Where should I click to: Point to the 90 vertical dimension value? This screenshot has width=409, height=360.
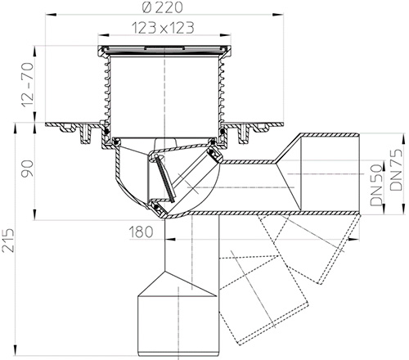28,170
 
